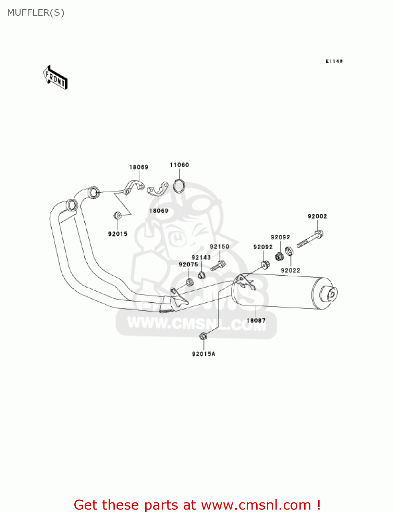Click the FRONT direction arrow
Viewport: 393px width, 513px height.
click(55, 78)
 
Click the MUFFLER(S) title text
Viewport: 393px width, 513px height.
click(36, 13)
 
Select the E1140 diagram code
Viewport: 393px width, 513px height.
click(334, 61)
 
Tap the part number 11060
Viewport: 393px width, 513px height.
click(179, 165)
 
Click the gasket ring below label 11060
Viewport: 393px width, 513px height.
click(179, 186)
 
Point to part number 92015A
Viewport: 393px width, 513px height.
click(204, 354)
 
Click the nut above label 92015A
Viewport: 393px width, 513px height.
click(203, 336)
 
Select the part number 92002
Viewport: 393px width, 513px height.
click(317, 216)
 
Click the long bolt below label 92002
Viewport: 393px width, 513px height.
click(310, 239)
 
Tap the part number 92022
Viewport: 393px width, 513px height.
click(290, 270)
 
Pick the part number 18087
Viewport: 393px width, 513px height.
click(256, 320)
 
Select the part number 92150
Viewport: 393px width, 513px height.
click(219, 246)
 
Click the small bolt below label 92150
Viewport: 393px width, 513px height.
click(218, 265)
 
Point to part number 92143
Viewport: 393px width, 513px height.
click(201, 257)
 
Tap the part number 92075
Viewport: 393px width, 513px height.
click(188, 264)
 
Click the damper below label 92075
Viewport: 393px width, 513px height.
click(189, 283)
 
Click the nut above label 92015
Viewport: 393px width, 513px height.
click(117, 215)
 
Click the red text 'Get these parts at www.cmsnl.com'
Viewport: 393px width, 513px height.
click(197, 505)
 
